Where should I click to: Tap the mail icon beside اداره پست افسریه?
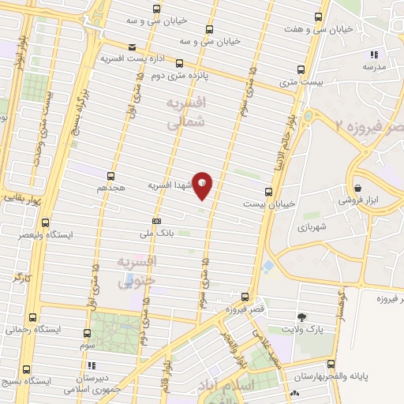click(131, 47)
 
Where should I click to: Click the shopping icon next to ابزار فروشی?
click(359, 189)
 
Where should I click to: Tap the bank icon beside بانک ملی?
click(156, 222)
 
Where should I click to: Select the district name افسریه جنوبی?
click(138, 270)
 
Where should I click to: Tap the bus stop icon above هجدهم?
click(110, 177)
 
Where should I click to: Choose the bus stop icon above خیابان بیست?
click(268, 191)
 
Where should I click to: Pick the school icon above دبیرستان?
click(92, 366)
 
